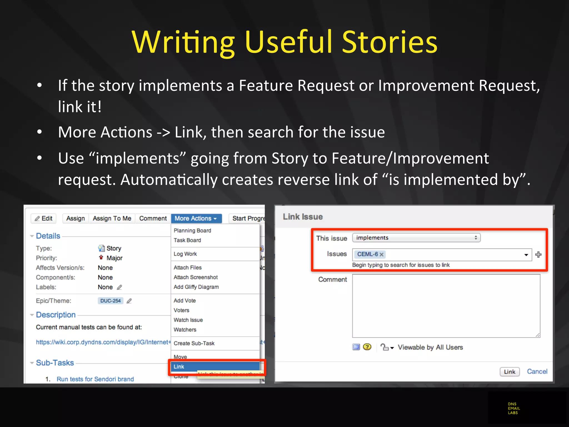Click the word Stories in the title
[x=390, y=42]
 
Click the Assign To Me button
[x=112, y=219]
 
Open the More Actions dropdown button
[x=196, y=219]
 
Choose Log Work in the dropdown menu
[x=185, y=254]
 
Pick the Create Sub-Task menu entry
[x=194, y=343]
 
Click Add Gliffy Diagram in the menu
[x=196, y=287]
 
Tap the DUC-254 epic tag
[x=110, y=301]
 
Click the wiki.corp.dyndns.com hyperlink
[x=103, y=342]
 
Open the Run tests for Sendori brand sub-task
[x=95, y=379]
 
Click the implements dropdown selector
[x=416, y=238]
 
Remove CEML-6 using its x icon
[x=381, y=255]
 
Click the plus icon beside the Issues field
[x=538, y=255]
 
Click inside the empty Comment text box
[x=446, y=306]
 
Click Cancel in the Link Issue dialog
[x=537, y=372]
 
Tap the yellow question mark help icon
[x=367, y=347]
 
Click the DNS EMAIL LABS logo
[x=513, y=408]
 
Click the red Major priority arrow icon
[x=101, y=257]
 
